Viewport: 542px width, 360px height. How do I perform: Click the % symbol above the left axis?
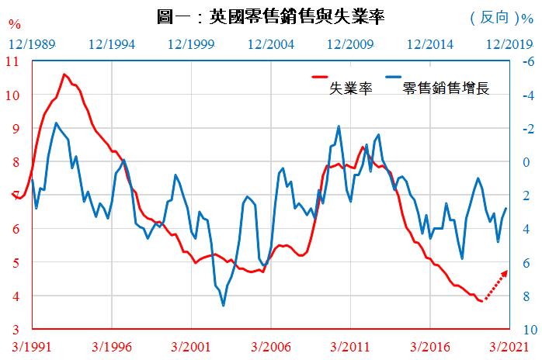coord(14,24)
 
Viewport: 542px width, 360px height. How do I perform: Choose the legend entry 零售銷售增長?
coord(445,88)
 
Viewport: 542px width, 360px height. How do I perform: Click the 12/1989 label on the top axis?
coord(33,43)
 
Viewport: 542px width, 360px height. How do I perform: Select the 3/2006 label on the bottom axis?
coord(270,347)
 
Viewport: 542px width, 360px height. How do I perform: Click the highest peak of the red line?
coord(64,74)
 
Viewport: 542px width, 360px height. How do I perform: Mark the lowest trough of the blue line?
coord(224,306)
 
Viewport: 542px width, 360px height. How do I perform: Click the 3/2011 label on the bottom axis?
coord(349,347)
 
